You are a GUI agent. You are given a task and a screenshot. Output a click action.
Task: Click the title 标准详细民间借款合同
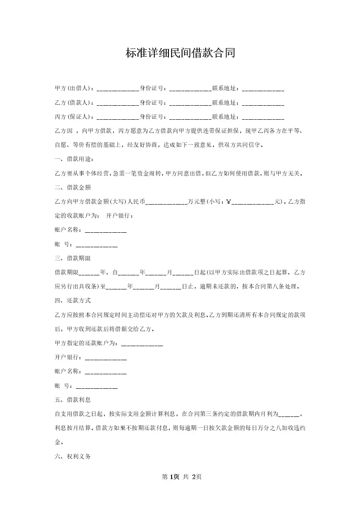coord(180,53)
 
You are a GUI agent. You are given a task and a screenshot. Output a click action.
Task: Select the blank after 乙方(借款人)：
coord(118,103)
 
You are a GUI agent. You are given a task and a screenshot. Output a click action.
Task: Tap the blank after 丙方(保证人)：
coord(118,117)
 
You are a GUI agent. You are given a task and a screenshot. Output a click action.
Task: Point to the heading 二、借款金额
coord(73,187)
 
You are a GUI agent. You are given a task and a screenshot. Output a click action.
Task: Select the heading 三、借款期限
coord(73,258)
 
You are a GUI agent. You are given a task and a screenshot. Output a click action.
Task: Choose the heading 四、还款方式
coord(73,300)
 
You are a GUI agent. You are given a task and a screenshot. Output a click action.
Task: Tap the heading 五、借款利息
coord(73,400)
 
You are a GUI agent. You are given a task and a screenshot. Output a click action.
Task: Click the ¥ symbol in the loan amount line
coord(229,202)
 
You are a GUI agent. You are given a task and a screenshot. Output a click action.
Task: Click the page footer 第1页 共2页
coord(180,477)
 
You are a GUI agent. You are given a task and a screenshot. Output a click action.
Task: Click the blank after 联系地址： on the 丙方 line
coord(263,117)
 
